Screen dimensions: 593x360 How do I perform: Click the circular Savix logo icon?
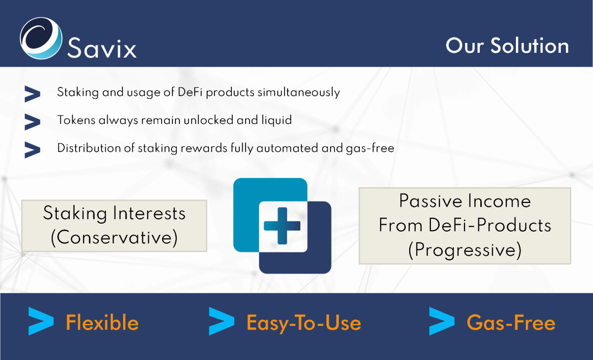pos(41,38)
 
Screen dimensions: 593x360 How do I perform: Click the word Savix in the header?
pos(102,47)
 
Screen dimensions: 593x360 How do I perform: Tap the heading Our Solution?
pos(507,45)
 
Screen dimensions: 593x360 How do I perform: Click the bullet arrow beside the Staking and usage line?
pos(32,94)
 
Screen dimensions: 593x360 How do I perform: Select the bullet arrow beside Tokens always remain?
pos(32,122)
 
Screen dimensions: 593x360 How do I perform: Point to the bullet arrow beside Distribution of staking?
pos(32,150)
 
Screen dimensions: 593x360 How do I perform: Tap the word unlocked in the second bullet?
pos(208,120)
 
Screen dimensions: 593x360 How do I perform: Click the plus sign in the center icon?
pos(282,226)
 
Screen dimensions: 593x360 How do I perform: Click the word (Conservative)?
pos(114,238)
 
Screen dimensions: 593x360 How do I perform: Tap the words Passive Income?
pos(465,201)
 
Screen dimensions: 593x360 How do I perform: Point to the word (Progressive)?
pos(465,250)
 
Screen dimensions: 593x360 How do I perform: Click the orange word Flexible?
pos(102,322)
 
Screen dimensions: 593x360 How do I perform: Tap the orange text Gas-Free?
pos(511,322)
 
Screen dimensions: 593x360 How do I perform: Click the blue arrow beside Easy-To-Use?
pos(221,321)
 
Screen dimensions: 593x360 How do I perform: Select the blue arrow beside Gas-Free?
pos(442,321)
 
